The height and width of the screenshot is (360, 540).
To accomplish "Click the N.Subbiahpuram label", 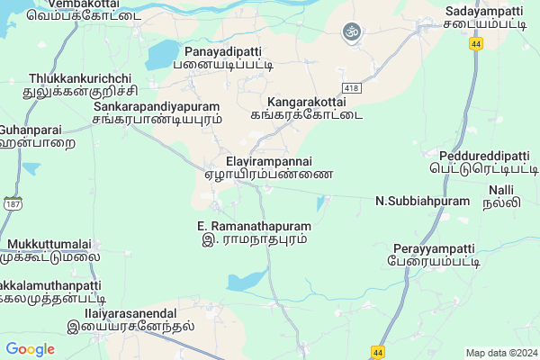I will [x=422, y=201].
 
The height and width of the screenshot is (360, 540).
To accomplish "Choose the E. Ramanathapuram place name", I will [x=254, y=232].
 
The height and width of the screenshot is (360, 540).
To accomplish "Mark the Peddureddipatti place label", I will [x=482, y=161].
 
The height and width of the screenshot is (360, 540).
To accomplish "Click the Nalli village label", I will [x=501, y=196].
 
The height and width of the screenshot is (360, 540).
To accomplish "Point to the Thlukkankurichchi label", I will [x=80, y=85].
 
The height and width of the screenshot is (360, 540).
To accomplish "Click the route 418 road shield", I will [x=351, y=85].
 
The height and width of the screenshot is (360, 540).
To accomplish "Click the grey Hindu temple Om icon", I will [x=350, y=33].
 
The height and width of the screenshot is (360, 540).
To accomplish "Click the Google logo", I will [x=30, y=349].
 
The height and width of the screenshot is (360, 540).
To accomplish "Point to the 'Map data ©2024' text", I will [x=500, y=352].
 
